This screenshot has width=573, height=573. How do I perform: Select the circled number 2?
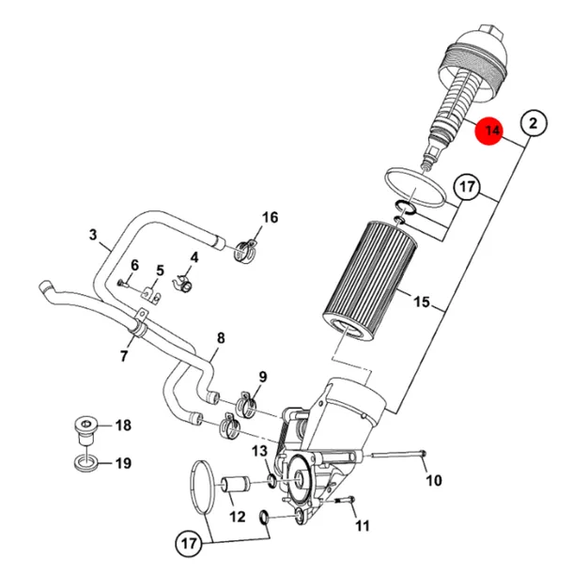click(x=534, y=123)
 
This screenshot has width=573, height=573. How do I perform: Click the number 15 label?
click(x=422, y=302)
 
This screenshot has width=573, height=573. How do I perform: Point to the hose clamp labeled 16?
click(x=245, y=251)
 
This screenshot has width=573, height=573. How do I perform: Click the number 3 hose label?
click(x=93, y=234)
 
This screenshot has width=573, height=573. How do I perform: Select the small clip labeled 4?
click(x=183, y=284)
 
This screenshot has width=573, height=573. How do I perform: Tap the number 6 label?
click(x=135, y=265)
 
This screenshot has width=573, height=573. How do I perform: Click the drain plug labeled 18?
click(x=85, y=430)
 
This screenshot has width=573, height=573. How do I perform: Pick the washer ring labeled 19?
click(x=86, y=463)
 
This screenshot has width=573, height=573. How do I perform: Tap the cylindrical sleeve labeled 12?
click(x=236, y=484)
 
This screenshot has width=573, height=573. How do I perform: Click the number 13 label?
click(x=259, y=451)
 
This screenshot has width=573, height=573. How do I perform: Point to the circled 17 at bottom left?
click(x=189, y=543)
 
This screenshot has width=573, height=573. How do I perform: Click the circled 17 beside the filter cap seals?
click(x=467, y=187)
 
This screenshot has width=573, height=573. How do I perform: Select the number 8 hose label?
click(x=221, y=338)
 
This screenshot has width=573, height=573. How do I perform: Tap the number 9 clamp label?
click(x=263, y=377)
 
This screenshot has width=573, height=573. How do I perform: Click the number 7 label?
click(x=124, y=356)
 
